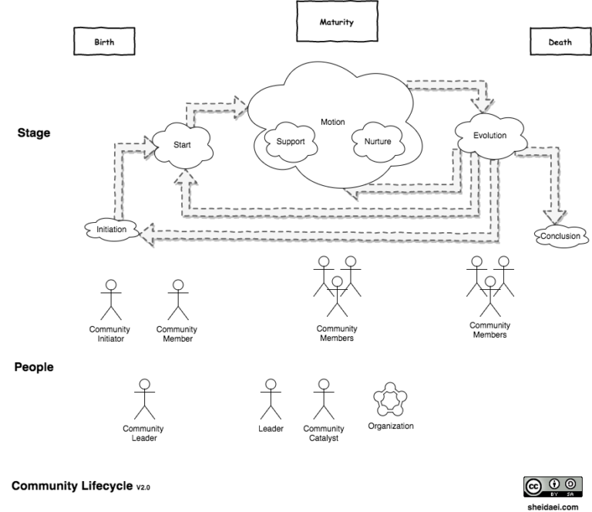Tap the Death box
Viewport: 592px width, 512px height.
click(x=559, y=43)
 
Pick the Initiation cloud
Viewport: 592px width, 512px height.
click(x=111, y=230)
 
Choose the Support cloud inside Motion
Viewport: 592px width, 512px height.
click(x=290, y=142)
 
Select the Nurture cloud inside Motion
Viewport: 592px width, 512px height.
click(x=378, y=142)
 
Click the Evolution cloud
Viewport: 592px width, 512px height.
click(x=489, y=135)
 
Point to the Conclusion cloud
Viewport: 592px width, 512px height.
click(x=560, y=236)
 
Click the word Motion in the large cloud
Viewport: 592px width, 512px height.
click(x=333, y=122)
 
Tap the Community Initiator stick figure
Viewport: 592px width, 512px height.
click(x=112, y=300)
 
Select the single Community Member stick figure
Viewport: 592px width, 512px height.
click(x=177, y=300)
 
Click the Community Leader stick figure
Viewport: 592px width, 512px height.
click(x=143, y=399)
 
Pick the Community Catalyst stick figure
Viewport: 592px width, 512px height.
click(x=323, y=399)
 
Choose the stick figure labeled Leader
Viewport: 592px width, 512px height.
click(x=270, y=399)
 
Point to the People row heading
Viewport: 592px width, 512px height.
click(x=34, y=367)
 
